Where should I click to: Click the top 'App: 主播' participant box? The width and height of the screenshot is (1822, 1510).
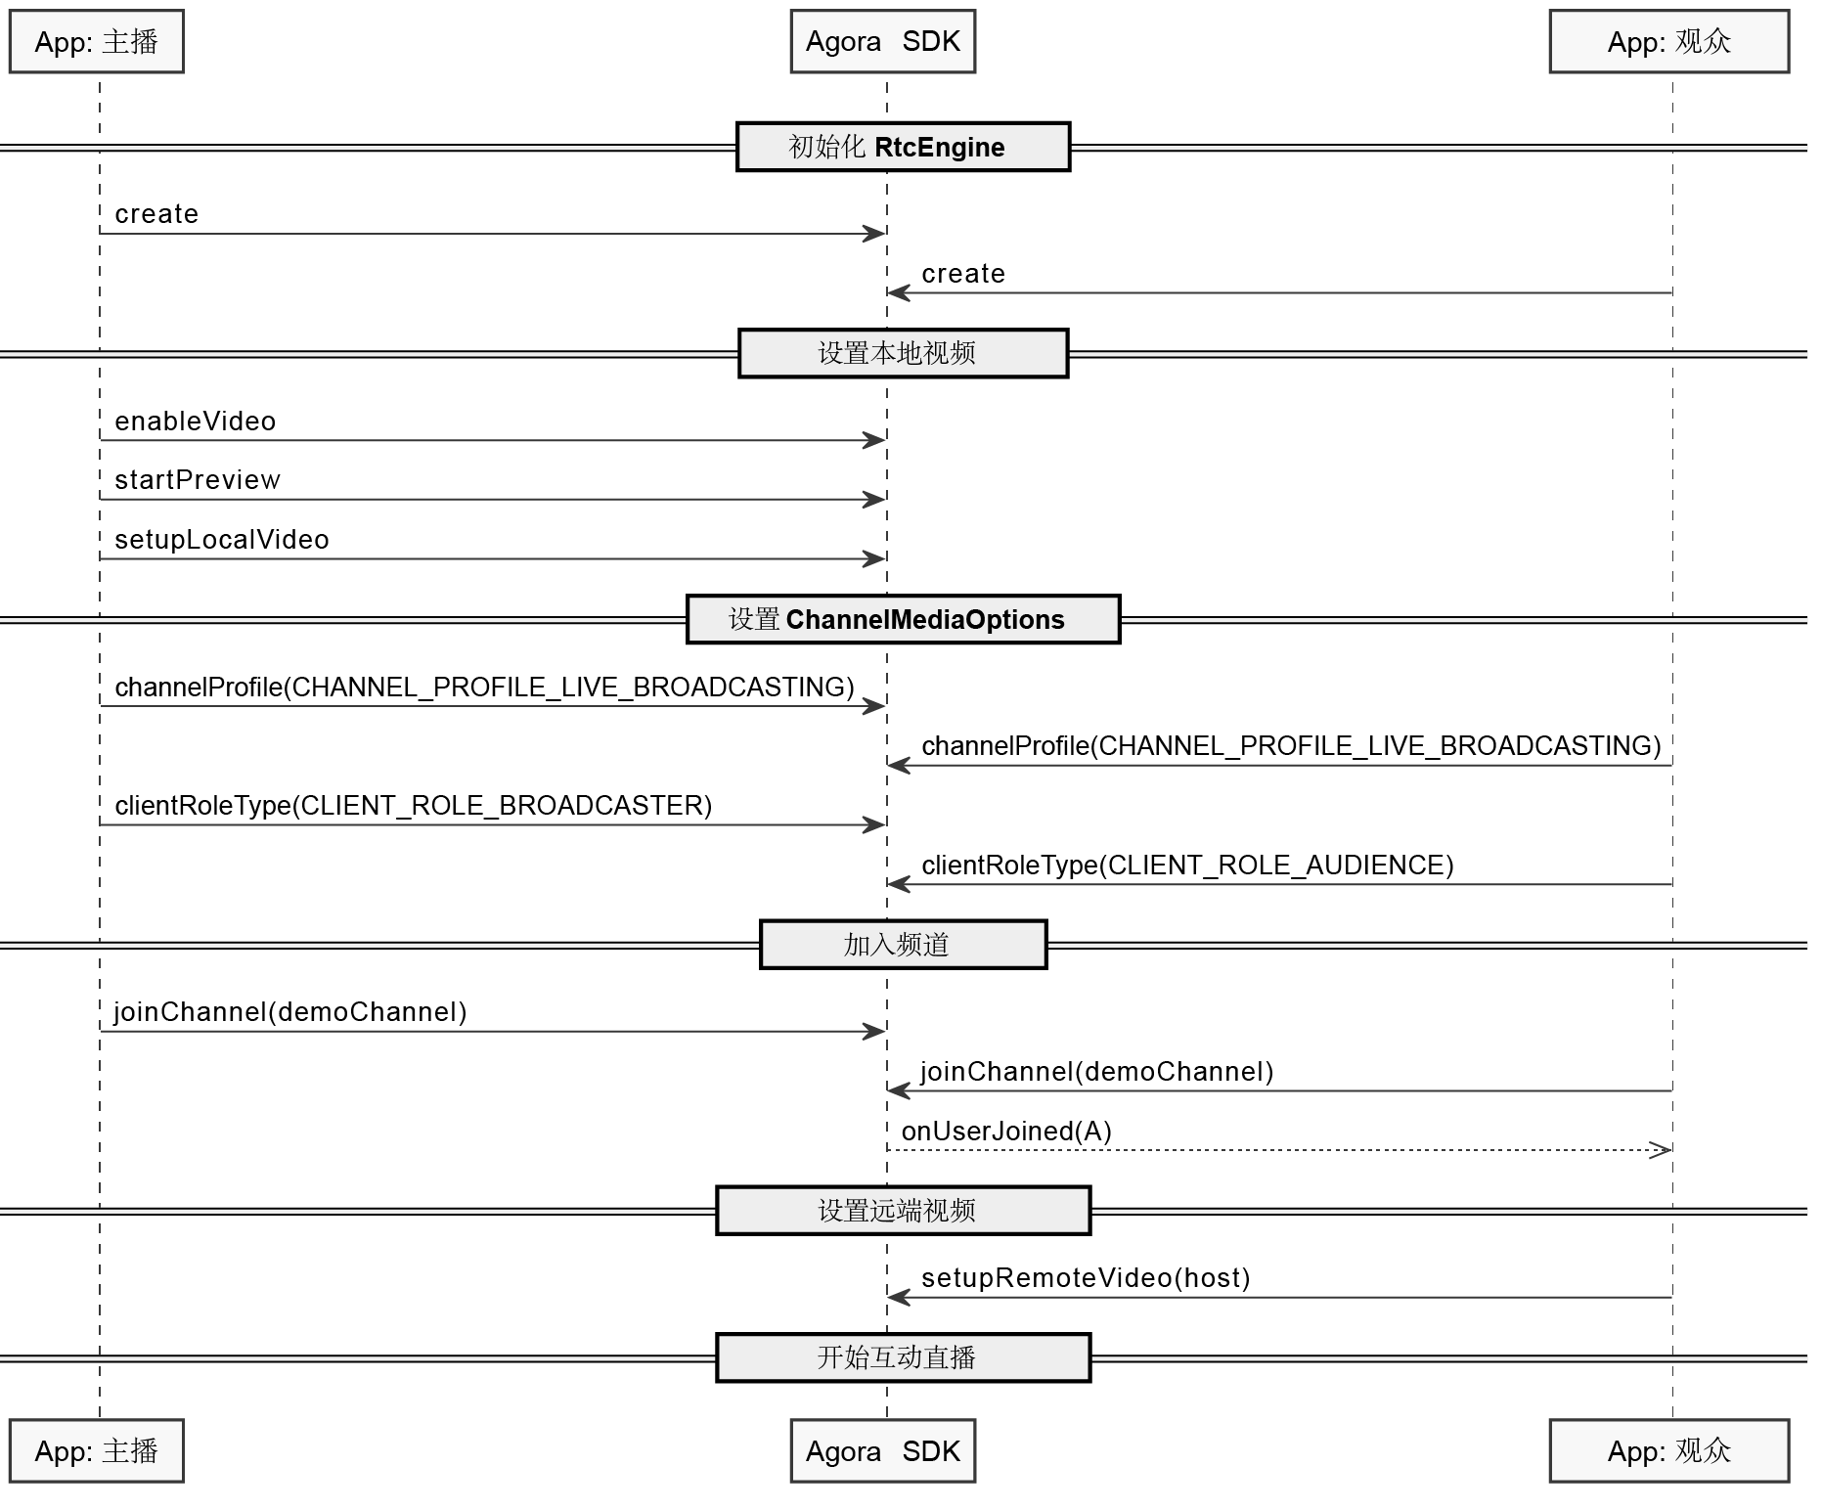[97, 41]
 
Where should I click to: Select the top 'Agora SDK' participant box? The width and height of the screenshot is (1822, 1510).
[883, 41]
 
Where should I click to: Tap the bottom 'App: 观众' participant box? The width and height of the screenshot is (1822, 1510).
[1669, 1450]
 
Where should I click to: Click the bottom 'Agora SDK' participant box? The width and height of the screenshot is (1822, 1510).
[883, 1450]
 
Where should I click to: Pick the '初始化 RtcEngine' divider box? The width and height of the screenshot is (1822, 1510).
[903, 147]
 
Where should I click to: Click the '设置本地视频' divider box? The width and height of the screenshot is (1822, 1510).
[903, 353]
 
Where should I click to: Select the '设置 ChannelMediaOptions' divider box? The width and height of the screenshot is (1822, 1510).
[903, 619]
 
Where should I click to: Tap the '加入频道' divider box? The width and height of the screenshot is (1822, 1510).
[903, 944]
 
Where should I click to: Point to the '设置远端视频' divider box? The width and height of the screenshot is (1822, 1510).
[903, 1211]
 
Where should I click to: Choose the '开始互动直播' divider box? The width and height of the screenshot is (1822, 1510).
[903, 1357]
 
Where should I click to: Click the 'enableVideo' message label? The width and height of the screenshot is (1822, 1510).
[196, 422]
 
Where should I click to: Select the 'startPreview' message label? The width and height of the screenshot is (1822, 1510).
[198, 480]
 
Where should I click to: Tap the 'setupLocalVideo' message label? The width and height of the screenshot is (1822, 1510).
[222, 540]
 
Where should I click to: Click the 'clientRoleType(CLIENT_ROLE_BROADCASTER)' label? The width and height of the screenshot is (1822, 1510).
[414, 806]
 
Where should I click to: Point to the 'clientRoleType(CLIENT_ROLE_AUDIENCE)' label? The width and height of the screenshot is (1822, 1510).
[1187, 866]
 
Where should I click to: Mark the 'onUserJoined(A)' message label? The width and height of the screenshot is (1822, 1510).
[1006, 1132]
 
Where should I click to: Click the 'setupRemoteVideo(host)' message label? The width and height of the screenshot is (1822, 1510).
[1086, 1278]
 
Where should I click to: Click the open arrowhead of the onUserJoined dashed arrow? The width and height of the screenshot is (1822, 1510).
[1660, 1150]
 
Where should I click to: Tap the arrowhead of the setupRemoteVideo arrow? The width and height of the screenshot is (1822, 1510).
[899, 1298]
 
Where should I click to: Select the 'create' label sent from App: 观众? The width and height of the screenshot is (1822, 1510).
[963, 274]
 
